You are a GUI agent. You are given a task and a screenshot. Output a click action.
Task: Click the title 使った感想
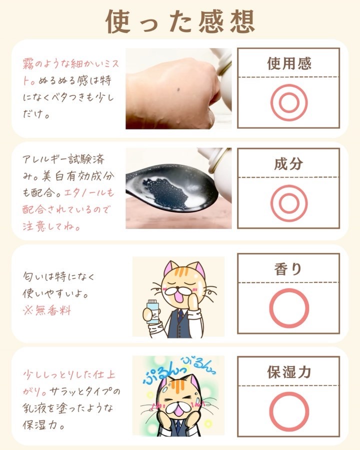180,22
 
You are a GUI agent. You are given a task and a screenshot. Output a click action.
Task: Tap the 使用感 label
289,63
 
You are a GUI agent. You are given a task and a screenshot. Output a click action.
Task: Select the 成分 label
289,163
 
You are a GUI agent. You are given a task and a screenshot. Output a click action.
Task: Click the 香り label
288,269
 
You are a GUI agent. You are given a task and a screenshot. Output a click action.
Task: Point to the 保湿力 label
289,372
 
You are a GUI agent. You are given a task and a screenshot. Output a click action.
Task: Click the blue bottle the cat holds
152,312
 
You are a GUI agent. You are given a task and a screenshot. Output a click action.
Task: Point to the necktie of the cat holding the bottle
180,315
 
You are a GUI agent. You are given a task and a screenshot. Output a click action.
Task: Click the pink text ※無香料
47,310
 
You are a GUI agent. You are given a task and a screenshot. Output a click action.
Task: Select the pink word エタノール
89,192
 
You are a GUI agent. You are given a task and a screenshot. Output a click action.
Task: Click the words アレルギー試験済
63,159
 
